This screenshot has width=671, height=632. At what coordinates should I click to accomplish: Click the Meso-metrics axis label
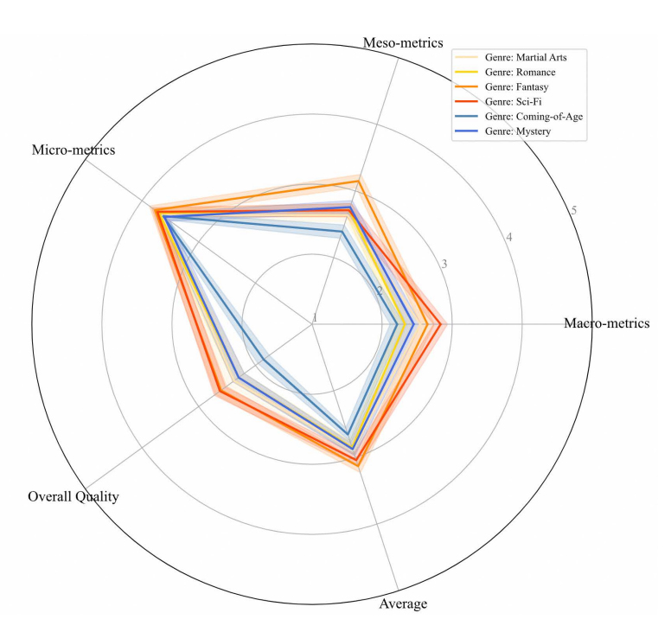click(402, 42)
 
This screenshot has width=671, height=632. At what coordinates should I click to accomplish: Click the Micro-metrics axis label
click(73, 150)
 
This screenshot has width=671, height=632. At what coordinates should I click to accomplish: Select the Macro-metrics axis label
click(606, 323)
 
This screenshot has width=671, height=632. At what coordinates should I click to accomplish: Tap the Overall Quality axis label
click(73, 496)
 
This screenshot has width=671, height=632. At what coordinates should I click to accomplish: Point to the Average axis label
click(403, 603)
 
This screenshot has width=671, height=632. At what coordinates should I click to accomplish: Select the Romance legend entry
click(520, 72)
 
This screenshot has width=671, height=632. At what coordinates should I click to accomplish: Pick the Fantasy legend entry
click(516, 86)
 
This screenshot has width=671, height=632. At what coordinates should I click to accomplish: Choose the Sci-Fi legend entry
click(514, 101)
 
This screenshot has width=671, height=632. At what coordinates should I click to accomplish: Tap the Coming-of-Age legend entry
click(534, 116)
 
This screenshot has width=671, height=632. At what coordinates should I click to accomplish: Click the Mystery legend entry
click(518, 131)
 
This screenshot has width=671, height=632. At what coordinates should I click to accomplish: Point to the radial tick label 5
click(573, 211)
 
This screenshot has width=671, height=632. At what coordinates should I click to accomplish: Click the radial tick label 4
click(509, 238)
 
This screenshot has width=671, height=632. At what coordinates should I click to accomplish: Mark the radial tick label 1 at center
click(315, 318)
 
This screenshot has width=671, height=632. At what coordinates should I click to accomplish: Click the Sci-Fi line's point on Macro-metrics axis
click(440, 324)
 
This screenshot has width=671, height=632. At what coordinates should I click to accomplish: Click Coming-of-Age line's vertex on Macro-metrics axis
click(397, 324)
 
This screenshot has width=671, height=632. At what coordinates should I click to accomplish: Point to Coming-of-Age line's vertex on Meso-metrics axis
click(343, 232)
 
